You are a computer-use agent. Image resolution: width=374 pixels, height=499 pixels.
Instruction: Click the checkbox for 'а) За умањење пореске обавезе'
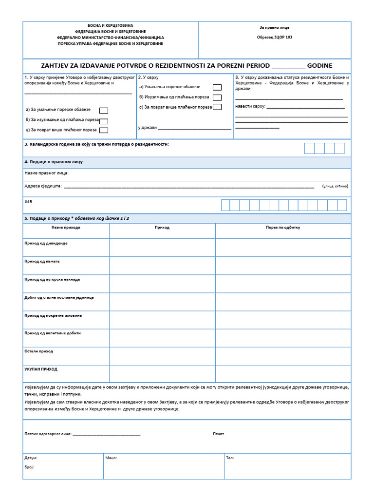[x=103, y=111]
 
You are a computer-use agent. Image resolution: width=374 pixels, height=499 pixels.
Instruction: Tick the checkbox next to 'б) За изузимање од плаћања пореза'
[x=103, y=121]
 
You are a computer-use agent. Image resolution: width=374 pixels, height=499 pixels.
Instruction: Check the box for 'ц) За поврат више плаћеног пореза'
[x=103, y=130]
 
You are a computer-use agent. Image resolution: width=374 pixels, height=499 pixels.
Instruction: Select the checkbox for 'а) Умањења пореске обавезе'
[x=217, y=87]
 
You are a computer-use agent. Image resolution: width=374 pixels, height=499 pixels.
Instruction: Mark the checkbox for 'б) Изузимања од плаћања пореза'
[x=217, y=97]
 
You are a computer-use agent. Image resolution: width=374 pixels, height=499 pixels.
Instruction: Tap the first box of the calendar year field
[x=309, y=148]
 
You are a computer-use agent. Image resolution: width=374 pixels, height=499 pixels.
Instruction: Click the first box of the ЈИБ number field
[x=225, y=205]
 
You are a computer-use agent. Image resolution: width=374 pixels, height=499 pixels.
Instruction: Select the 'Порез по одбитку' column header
[x=283, y=228]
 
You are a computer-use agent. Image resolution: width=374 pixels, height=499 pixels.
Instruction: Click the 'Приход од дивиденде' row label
[x=46, y=243]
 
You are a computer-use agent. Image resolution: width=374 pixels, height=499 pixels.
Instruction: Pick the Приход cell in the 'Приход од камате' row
[x=162, y=266]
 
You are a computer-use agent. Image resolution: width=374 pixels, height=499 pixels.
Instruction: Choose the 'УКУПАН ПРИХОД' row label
[x=41, y=369]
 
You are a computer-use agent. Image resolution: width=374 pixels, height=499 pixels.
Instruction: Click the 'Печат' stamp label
[x=218, y=434]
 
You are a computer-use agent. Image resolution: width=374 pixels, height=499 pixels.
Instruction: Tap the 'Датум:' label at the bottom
[x=31, y=458]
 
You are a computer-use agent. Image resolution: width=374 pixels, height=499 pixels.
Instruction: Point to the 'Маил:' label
[x=111, y=458]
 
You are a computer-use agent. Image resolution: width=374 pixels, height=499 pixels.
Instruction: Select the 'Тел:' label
[x=230, y=458]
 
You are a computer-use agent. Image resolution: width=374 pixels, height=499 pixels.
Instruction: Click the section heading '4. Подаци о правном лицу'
[x=54, y=162]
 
